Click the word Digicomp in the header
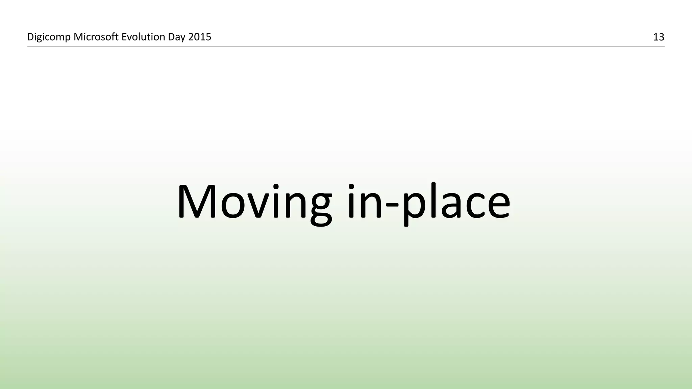tap(49, 37)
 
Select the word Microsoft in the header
tap(96, 36)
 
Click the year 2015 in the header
tap(200, 36)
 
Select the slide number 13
tap(659, 37)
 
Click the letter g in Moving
tap(319, 208)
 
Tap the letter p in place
tap(414, 208)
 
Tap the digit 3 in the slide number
tap(661, 37)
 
